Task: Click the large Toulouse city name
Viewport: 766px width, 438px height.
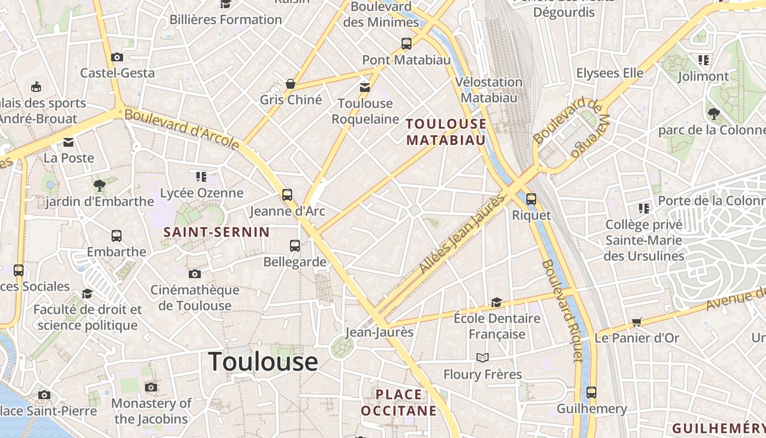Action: (x=263, y=362)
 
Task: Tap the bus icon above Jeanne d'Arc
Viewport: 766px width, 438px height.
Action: (x=287, y=194)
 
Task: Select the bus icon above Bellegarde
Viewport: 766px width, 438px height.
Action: (x=295, y=245)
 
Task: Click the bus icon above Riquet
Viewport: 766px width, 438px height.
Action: (x=531, y=199)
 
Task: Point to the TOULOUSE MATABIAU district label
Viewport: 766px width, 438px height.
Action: (x=446, y=132)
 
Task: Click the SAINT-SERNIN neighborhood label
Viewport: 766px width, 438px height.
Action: (x=217, y=232)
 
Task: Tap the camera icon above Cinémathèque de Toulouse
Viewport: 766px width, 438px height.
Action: (x=194, y=274)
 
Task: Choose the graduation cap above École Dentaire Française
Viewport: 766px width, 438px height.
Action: (x=496, y=302)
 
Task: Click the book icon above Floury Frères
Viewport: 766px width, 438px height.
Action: (x=482, y=358)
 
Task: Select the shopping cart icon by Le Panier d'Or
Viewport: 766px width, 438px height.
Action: (x=636, y=322)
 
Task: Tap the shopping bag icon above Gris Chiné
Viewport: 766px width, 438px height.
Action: (x=291, y=84)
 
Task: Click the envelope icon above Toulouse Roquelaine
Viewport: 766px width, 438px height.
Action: (x=365, y=87)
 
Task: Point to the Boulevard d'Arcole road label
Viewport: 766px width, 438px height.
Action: (x=182, y=129)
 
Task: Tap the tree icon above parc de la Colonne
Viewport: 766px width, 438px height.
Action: (x=713, y=114)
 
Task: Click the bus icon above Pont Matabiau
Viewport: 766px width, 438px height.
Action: (x=406, y=44)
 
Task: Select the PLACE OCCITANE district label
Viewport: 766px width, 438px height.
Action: (x=399, y=402)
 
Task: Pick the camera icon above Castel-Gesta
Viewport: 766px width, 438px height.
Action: (x=117, y=57)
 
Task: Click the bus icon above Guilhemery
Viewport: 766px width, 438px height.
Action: (x=591, y=392)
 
